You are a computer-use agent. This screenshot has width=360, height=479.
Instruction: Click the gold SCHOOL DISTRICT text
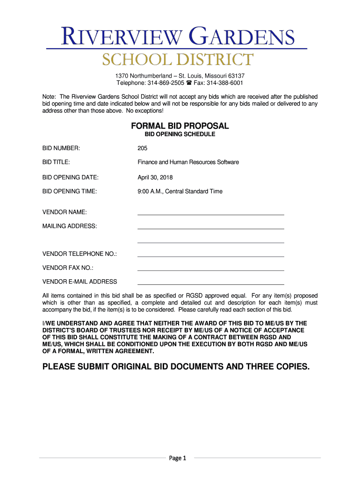click(178, 60)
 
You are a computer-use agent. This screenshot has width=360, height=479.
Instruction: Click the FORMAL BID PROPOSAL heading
click(180, 126)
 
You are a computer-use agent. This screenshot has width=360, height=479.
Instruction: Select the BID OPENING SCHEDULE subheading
click(180, 134)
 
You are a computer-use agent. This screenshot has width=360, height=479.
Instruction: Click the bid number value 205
click(142, 148)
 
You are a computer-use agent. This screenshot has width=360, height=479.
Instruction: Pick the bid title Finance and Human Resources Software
click(188, 162)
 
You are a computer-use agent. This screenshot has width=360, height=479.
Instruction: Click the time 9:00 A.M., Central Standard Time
click(180, 191)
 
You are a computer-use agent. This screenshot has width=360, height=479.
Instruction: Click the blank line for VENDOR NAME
click(210, 214)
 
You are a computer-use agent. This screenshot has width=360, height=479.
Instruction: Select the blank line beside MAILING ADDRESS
click(210, 228)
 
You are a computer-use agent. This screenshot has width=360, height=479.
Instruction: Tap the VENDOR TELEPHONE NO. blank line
click(210, 256)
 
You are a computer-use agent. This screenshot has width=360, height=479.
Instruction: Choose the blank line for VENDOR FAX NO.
click(210, 270)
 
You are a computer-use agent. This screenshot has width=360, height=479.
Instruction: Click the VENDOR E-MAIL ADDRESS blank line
click(210, 284)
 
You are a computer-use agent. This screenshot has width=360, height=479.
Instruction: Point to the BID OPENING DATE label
click(71, 177)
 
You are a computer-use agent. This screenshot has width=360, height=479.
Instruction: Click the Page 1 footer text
click(178, 458)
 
